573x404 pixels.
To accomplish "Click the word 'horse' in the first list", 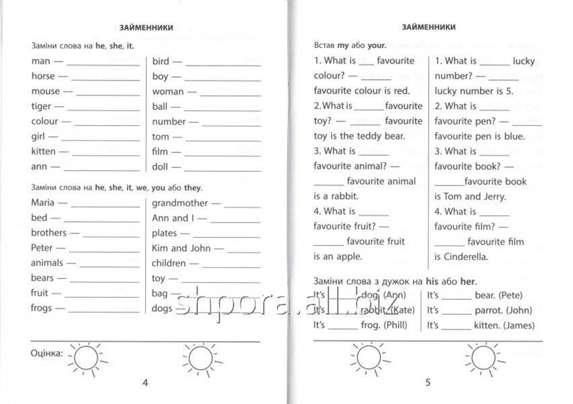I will click(x=43, y=76).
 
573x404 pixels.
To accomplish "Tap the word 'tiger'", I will click(x=41, y=106).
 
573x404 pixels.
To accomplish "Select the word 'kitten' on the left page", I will click(x=43, y=151).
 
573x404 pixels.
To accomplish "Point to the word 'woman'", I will click(x=168, y=91).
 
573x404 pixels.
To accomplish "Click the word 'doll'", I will click(x=161, y=166).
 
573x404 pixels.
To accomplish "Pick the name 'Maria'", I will click(x=44, y=202).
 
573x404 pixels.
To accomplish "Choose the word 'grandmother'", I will click(x=180, y=202).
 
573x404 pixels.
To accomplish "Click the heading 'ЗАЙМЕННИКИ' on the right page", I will click(x=428, y=27).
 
